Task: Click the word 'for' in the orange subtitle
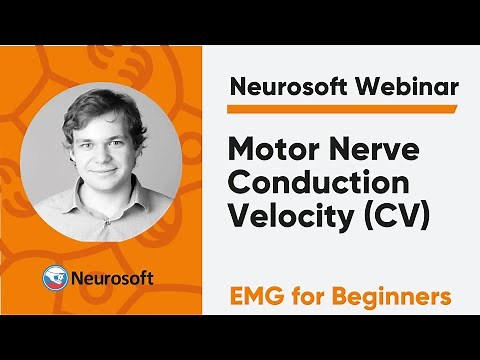(313, 297)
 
